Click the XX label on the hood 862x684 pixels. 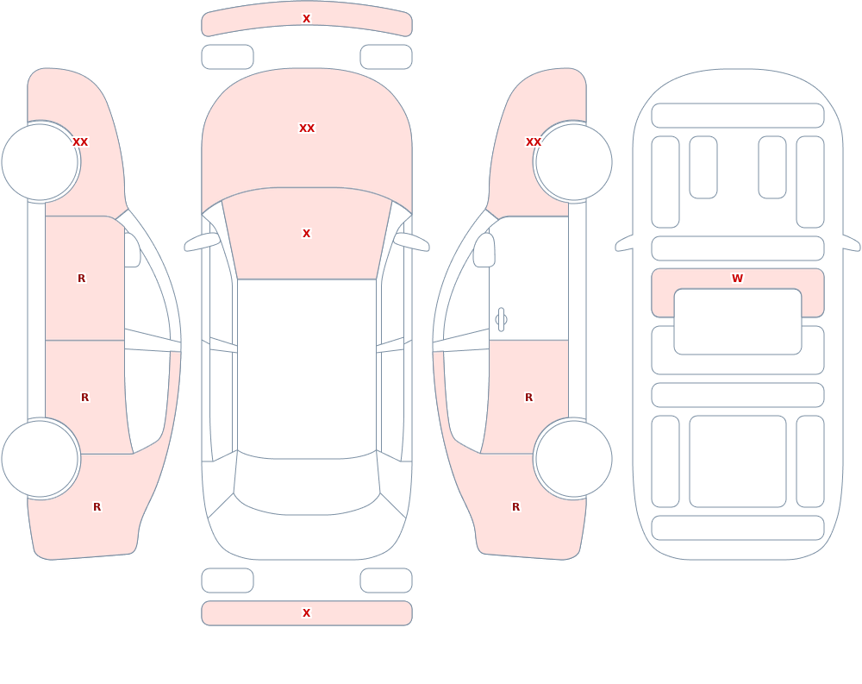point(307,129)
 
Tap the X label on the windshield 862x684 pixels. point(307,234)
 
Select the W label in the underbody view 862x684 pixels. point(737,279)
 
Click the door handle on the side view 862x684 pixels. point(501,320)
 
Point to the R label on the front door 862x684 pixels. point(81,279)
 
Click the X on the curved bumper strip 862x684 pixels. point(307,19)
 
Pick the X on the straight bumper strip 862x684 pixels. point(307,613)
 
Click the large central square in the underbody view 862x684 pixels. point(737,461)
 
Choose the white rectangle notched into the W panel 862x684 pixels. point(737,322)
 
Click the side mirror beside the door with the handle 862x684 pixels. point(484,250)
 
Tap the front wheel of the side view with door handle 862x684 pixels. point(573,162)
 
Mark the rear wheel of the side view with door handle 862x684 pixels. point(573,458)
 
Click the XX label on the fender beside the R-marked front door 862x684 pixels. point(80,142)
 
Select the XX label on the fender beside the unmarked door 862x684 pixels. point(534,142)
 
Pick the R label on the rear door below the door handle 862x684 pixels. point(529,398)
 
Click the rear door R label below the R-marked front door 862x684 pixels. point(84,398)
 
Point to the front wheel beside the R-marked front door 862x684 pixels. point(41,162)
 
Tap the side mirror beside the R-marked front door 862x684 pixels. point(132,250)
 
